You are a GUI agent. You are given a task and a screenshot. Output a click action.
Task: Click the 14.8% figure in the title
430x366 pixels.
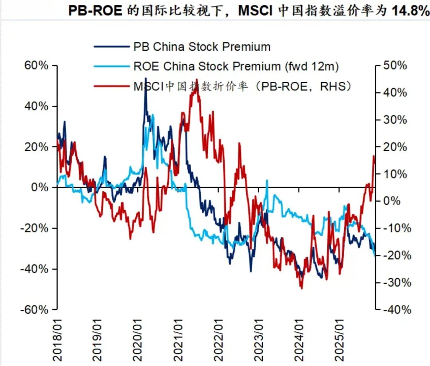[410, 11]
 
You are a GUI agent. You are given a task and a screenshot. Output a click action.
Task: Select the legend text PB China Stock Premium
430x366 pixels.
[201, 47]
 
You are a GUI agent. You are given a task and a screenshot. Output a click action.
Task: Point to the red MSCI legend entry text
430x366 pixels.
[242, 86]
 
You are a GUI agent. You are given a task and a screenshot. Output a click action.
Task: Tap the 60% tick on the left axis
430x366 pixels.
[37, 66]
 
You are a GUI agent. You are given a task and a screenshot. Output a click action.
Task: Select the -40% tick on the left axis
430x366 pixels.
[35, 269]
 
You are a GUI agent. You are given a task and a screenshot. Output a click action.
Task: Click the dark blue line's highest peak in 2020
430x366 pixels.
[145, 78]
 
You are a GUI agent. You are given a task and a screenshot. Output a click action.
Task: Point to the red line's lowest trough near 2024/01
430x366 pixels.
[301, 288]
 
